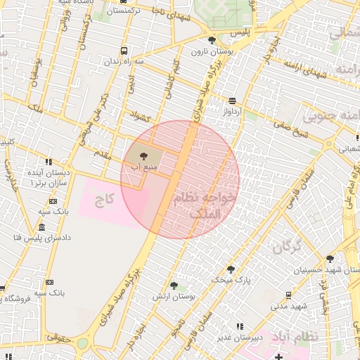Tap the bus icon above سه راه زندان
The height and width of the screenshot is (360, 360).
click(124, 51)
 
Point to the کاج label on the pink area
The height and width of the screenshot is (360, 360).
click(105, 200)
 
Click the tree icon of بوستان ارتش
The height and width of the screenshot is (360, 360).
click(174, 285)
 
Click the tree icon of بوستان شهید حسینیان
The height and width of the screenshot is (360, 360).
click(330, 259)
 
